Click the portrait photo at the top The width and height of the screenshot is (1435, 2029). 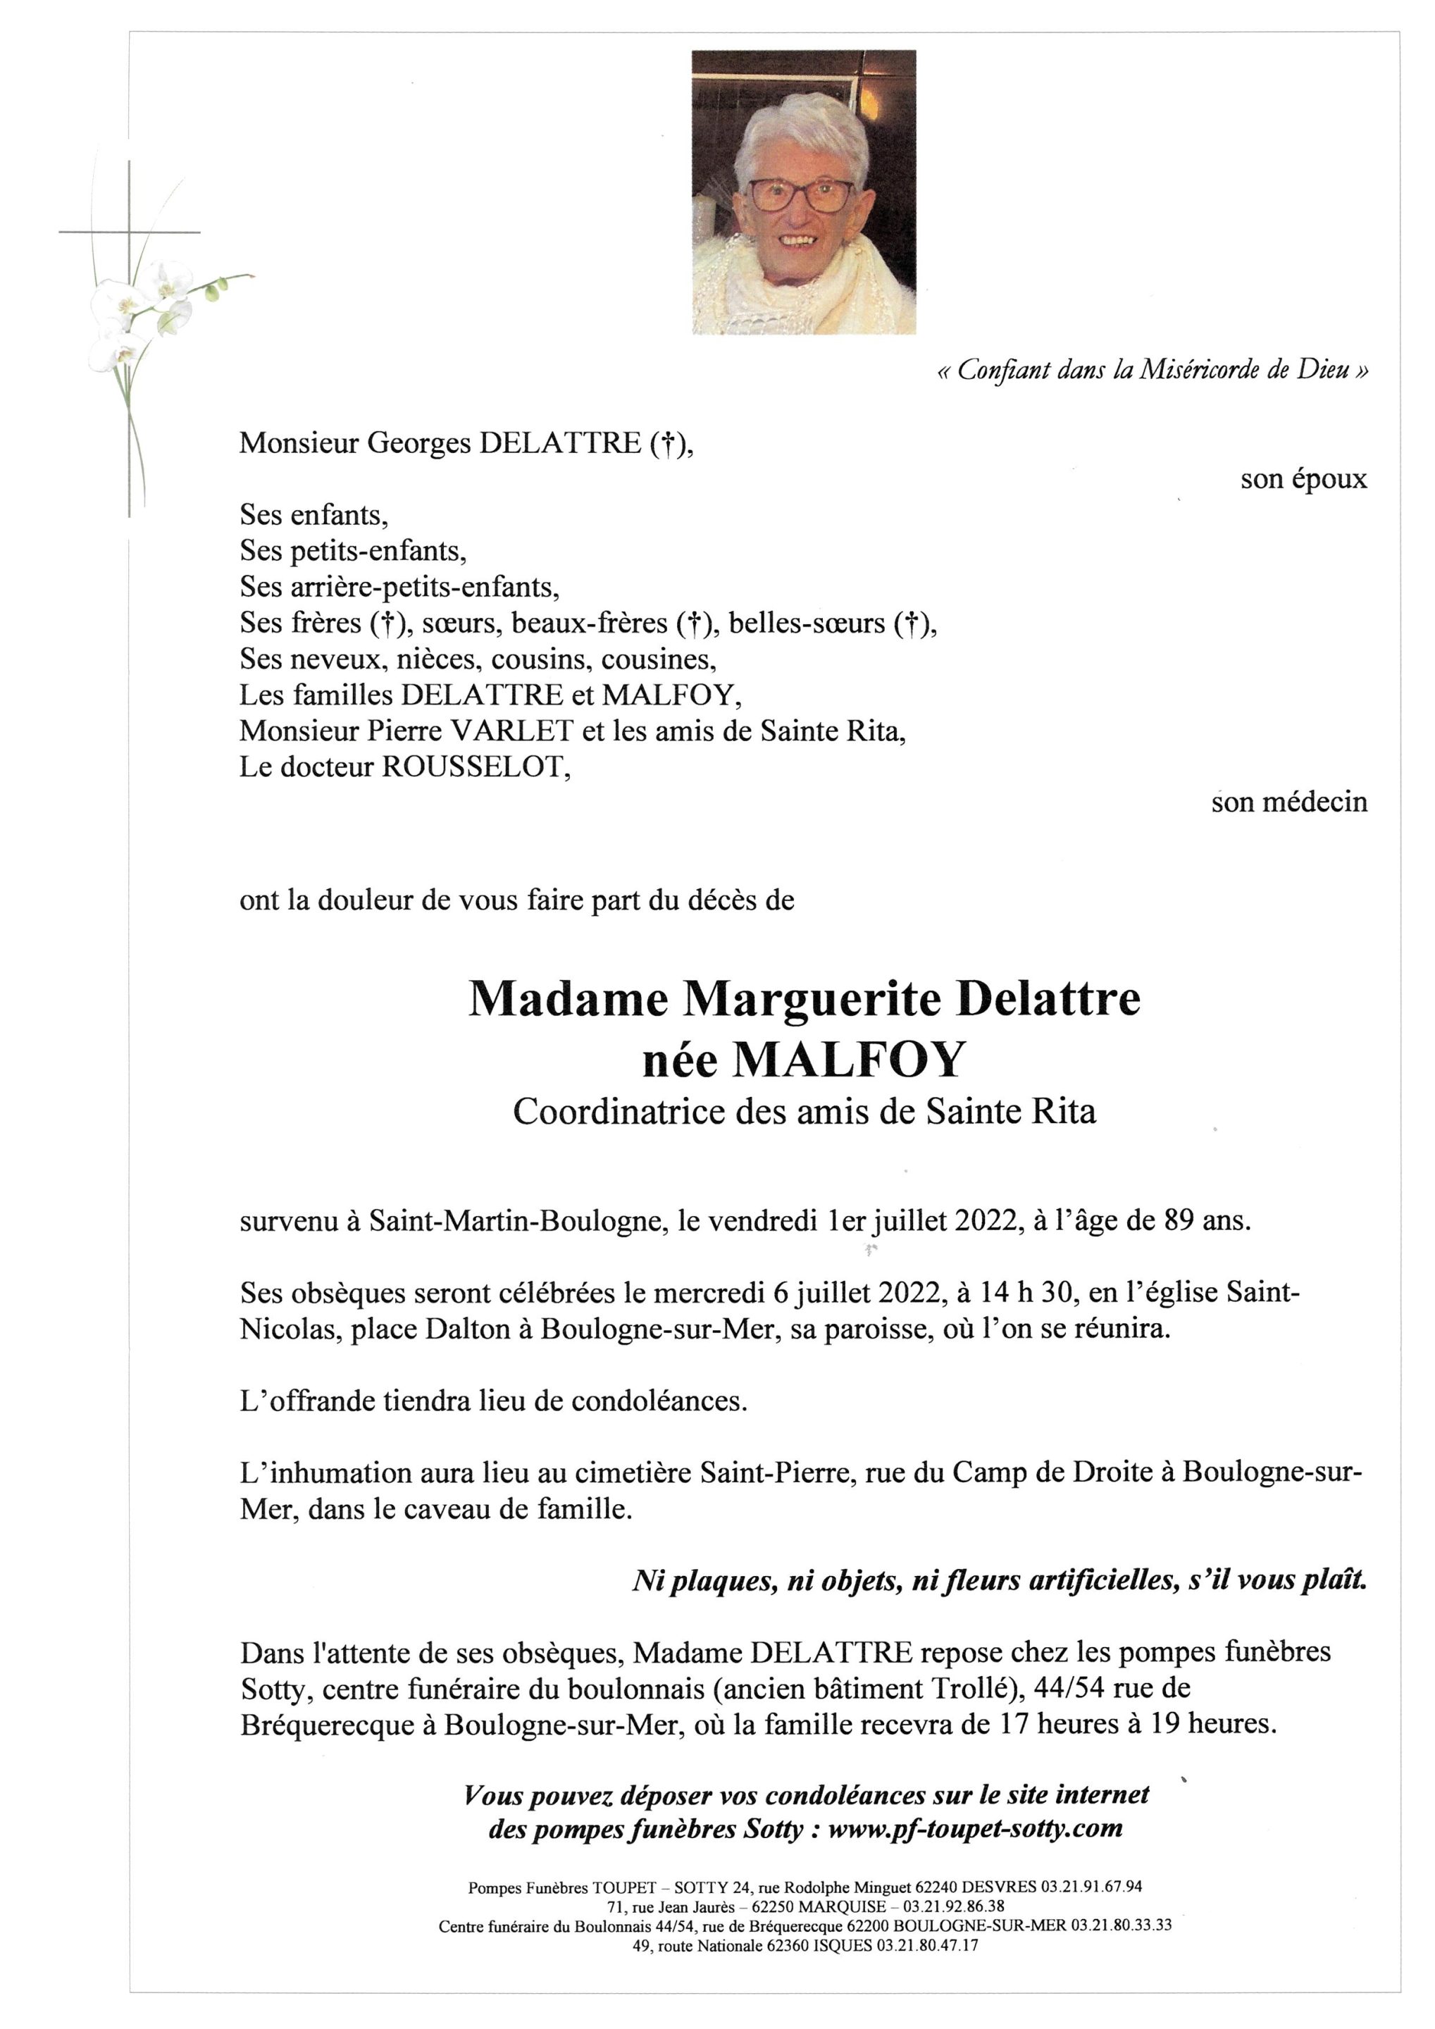(x=803, y=192)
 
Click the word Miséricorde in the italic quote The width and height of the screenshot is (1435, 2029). (x=1199, y=371)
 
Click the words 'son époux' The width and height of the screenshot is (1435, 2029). (x=1303, y=480)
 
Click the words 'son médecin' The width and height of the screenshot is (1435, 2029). (x=1289, y=802)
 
